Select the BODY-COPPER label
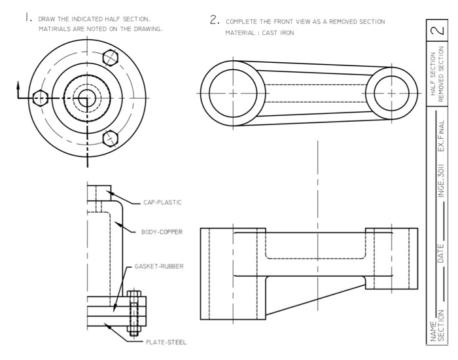(x=162, y=232)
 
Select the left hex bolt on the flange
(x=40, y=99)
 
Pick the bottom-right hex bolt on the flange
(x=112, y=139)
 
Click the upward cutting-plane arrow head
(x=19, y=85)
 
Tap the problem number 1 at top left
(x=27, y=18)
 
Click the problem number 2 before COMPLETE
(x=213, y=20)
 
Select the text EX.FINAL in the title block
(x=442, y=134)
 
